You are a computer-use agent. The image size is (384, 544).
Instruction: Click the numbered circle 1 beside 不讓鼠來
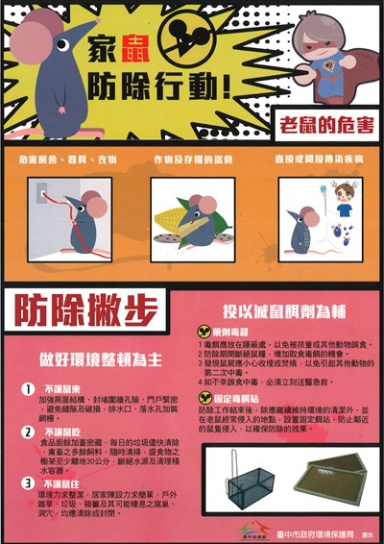coord(31,390)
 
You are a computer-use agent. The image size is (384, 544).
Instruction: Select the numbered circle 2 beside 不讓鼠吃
coord(31,433)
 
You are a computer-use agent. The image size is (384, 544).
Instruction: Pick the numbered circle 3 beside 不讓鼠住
coord(31,482)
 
